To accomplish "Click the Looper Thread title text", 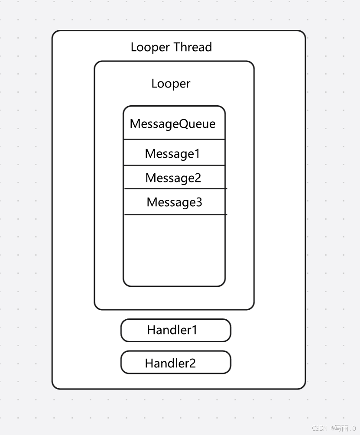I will tap(171, 47).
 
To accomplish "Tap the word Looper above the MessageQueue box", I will tap(171, 83).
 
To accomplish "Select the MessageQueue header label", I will tap(172, 124).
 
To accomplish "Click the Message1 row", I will tap(172, 153).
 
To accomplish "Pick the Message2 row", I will tap(173, 178).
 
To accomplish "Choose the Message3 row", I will tap(174, 202).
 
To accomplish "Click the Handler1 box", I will tap(175, 330).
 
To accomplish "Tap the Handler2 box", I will tap(175, 363).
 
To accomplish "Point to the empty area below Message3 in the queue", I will tap(174, 249).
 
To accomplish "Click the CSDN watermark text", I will tap(320, 428).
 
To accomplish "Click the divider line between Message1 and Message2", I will tap(174, 165).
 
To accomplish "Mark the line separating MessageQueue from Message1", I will tap(174, 139).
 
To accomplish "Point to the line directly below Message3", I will tap(175, 214).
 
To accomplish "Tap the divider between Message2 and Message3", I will tap(175, 188).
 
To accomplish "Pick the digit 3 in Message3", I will tap(198, 202).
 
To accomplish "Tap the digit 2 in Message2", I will tap(198, 178).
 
